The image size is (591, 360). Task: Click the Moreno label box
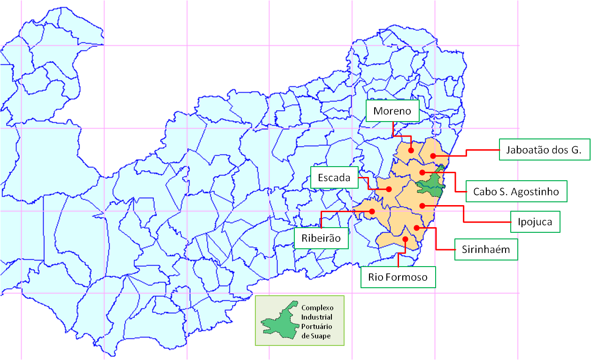[x=392, y=111]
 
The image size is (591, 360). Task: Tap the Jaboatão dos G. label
[x=544, y=150]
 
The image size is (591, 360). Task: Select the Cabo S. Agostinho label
[x=516, y=191]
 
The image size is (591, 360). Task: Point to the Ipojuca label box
[x=536, y=221]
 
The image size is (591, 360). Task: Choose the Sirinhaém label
[x=486, y=249]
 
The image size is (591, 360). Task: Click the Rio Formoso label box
[x=398, y=277]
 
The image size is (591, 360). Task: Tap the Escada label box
[x=334, y=177]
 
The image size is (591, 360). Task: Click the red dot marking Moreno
[x=411, y=150]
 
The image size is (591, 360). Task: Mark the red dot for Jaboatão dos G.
[x=432, y=155]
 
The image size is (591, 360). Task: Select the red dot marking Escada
[x=389, y=189]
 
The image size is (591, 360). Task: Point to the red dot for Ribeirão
[x=372, y=211]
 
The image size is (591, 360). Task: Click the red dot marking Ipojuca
[x=422, y=206]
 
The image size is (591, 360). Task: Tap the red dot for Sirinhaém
[x=416, y=228]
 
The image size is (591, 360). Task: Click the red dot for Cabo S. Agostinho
[x=422, y=173]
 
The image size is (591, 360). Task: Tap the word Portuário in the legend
[x=317, y=326]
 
